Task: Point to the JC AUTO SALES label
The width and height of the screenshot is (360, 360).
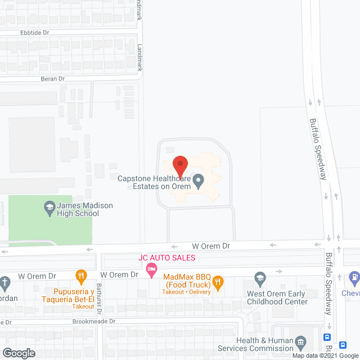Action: pyautogui.click(x=167, y=258)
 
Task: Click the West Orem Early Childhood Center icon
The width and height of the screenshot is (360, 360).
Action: pyautogui.click(x=259, y=278)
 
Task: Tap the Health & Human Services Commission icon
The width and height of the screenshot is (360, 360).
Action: pyautogui.click(x=300, y=341)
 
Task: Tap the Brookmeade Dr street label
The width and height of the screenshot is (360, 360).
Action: pyautogui.click(x=93, y=322)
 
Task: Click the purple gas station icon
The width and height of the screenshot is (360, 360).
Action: pyautogui.click(x=354, y=277)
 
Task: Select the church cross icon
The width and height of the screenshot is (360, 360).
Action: pyautogui.click(x=4, y=281)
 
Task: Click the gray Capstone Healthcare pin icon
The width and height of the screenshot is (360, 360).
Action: pyautogui.click(x=198, y=181)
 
